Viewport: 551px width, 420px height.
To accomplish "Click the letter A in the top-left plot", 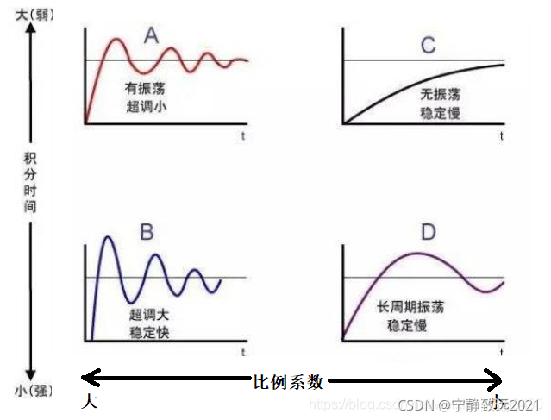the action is (x=152, y=36).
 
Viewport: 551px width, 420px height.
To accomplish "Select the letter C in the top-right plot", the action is (x=428, y=45).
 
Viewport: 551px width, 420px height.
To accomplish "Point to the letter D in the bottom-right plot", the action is (x=429, y=233).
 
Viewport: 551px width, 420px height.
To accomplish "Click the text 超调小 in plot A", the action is (x=145, y=108).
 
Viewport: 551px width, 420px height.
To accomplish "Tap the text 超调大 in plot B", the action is (x=150, y=313).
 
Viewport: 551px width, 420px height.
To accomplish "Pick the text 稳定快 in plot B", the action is (x=150, y=331).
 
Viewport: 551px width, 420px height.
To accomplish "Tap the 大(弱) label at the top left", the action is (x=29, y=11).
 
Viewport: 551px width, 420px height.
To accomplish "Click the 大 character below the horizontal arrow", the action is (x=89, y=401).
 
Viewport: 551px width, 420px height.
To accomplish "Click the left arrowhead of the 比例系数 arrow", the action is (x=87, y=378).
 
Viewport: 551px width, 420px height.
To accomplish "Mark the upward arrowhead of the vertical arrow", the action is (x=31, y=28).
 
